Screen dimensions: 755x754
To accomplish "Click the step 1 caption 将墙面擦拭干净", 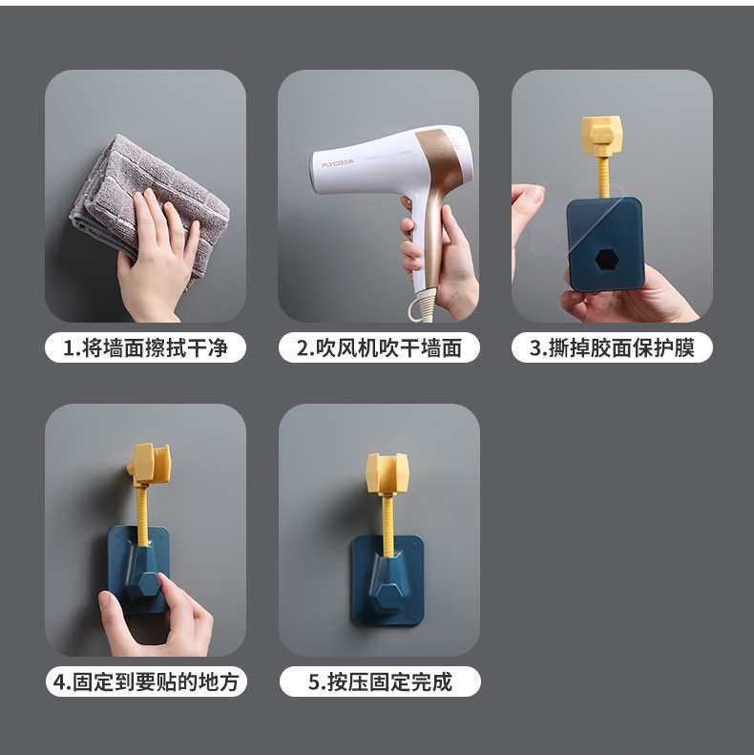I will coord(145,348).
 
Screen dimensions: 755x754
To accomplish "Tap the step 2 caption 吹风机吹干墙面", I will coord(379,348).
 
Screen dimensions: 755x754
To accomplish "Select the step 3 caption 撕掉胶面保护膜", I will coord(612,348).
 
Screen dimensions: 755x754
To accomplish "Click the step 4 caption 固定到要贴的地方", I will coord(145,682).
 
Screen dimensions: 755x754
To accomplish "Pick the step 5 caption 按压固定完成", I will coord(379,682).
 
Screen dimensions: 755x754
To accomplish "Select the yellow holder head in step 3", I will coord(602,136).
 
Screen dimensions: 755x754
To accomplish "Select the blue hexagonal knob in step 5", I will coord(387,598).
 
